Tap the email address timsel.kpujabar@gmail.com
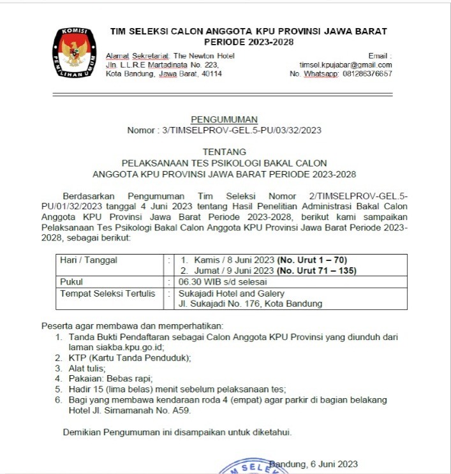(346, 65)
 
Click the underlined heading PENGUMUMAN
(224, 119)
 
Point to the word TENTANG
(224, 152)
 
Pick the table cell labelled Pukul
(71, 281)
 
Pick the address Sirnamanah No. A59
(147, 410)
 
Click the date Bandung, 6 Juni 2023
(313, 464)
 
